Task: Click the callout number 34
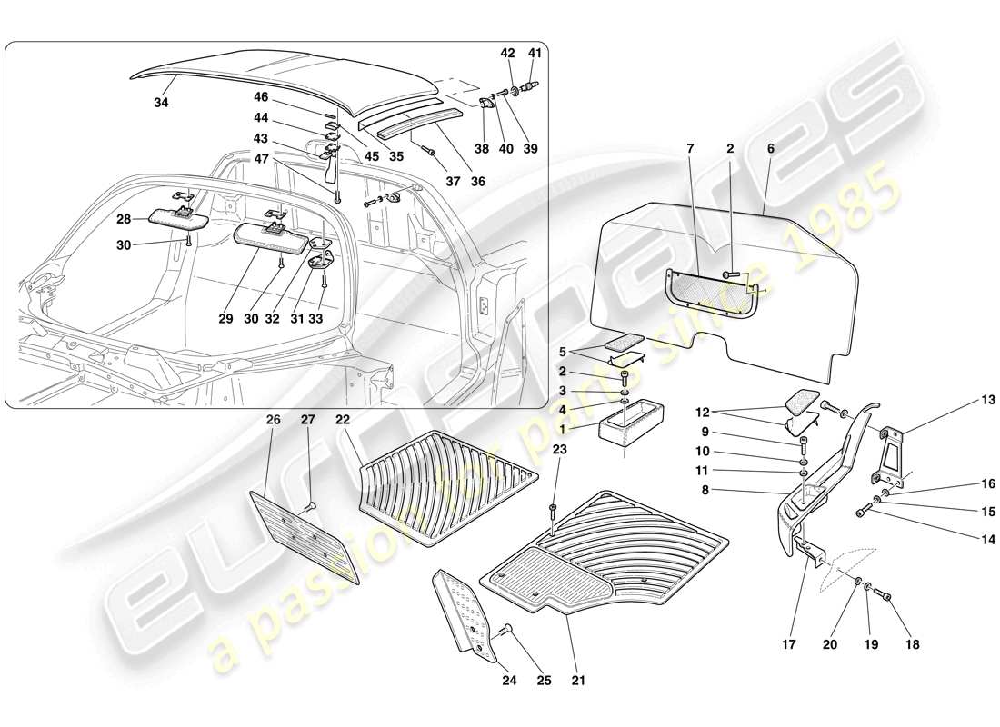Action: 161,104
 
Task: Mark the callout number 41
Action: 535,53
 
